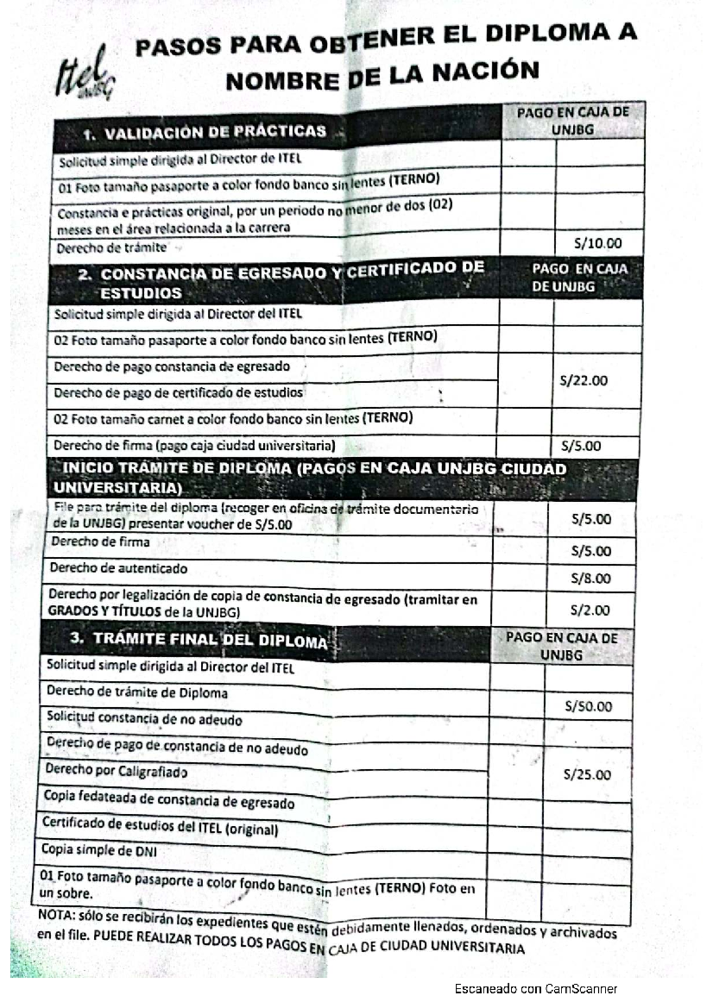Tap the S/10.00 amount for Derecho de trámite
pyautogui.click(x=598, y=243)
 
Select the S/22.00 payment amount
pyautogui.click(x=583, y=381)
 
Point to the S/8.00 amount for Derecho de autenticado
pyautogui.click(x=590, y=578)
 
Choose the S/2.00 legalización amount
pyautogui.click(x=589, y=610)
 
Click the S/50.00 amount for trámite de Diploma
pyautogui.click(x=588, y=706)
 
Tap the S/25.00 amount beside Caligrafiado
pyautogui.click(x=587, y=775)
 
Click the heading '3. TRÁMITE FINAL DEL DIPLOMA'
pyautogui.click(x=198, y=639)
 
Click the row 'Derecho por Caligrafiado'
pyautogui.click(x=116, y=771)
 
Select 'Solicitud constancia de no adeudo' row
pyautogui.click(x=144, y=719)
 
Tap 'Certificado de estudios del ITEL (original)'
pyautogui.click(x=160, y=826)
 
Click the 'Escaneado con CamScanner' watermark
pyautogui.click(x=536, y=989)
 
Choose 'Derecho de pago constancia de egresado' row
pyautogui.click(x=172, y=366)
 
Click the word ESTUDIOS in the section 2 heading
pyautogui.click(x=141, y=293)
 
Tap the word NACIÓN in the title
pyautogui.click(x=485, y=72)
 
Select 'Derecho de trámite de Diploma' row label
pyautogui.click(x=137, y=692)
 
